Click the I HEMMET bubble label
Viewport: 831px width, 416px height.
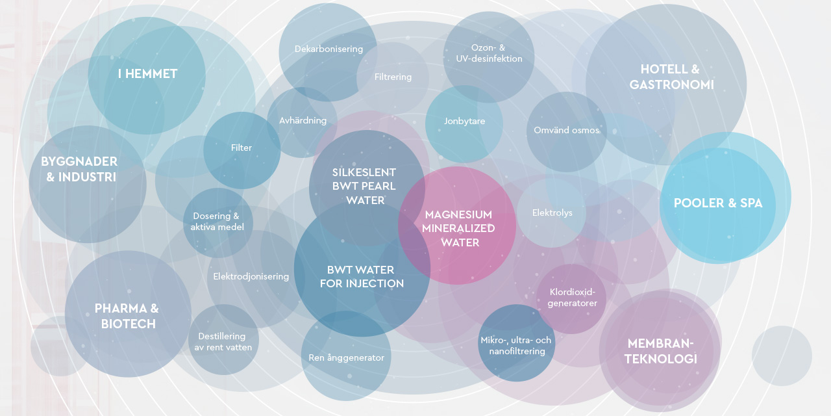[x=147, y=74]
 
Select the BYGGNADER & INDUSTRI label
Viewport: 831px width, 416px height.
[x=79, y=169]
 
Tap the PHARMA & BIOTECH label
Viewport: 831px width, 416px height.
[x=127, y=316]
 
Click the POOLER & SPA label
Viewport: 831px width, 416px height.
[x=718, y=203]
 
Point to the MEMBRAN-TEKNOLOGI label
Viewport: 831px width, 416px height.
[x=661, y=351]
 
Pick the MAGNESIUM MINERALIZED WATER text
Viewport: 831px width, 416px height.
[x=458, y=228]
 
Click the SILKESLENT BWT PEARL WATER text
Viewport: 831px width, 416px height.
[x=364, y=187]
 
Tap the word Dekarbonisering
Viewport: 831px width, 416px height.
[x=329, y=49]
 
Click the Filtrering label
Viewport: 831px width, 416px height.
[x=393, y=77]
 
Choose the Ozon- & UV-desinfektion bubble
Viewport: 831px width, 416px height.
[x=489, y=53]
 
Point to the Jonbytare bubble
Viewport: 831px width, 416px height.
[x=464, y=122]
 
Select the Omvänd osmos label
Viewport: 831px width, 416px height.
[x=566, y=131]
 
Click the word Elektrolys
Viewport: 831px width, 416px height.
[x=552, y=213]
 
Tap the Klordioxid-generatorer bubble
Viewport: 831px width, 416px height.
[x=572, y=298]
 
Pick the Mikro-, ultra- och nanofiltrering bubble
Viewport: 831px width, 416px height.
[x=516, y=345]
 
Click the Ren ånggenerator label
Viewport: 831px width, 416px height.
[x=346, y=357]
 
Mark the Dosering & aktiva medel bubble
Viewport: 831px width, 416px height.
[x=217, y=221]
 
